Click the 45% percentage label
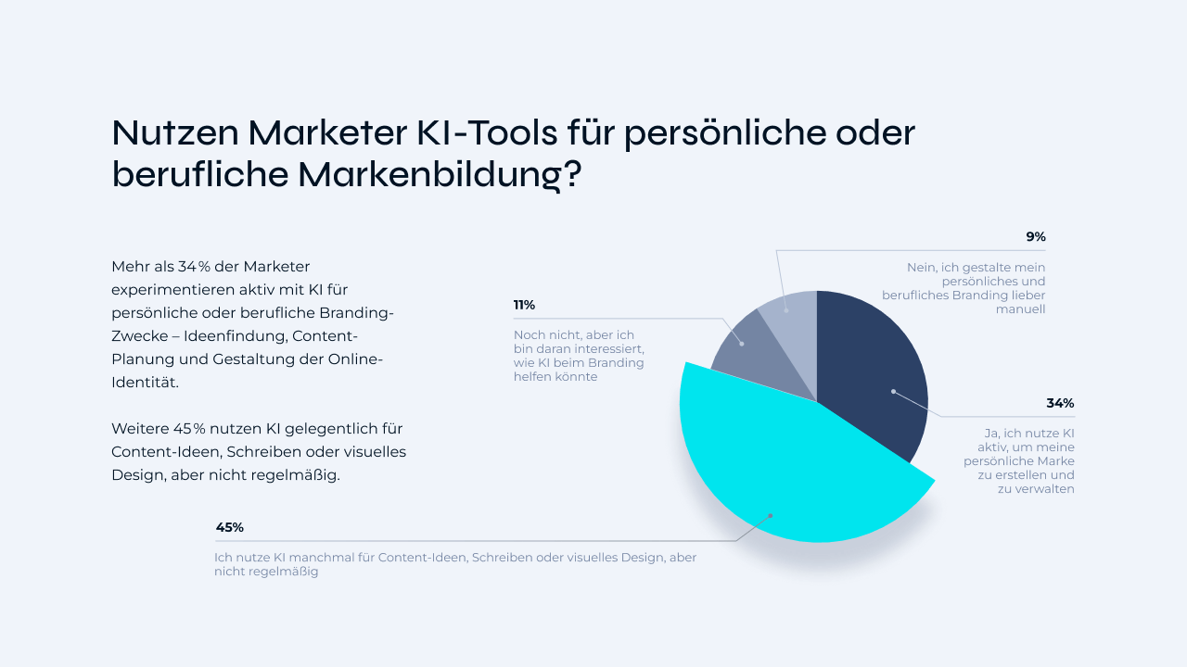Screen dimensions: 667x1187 (x=229, y=527)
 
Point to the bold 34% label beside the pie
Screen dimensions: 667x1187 (x=1060, y=403)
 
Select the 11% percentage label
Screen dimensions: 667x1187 (x=524, y=305)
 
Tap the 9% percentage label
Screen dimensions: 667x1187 (x=1035, y=236)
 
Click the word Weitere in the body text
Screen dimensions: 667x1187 (x=140, y=428)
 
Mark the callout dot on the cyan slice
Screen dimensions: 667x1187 (x=770, y=516)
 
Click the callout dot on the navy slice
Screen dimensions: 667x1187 (x=893, y=391)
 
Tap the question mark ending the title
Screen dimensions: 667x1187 (x=572, y=174)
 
